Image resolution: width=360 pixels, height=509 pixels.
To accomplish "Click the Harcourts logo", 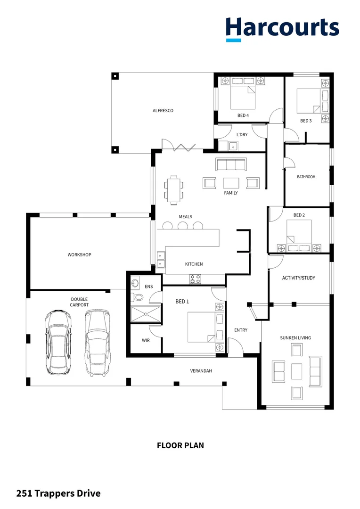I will pos(282,28).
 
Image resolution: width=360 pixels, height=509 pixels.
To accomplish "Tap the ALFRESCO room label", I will pos(163,111).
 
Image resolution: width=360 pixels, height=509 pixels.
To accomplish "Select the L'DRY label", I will pos(242,135).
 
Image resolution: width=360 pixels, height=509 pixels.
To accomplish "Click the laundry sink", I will pos(233,147).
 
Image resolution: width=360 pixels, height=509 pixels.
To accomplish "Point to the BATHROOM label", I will pos(306,177).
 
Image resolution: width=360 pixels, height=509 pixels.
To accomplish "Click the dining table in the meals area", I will pos(175,189).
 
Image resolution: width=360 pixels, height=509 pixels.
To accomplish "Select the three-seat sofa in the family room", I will pos(231,164).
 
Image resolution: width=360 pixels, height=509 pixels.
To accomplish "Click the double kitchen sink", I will pos(161,260).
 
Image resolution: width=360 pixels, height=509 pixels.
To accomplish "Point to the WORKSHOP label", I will pos(79,254).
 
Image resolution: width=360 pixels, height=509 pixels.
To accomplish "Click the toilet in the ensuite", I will pos(137,298).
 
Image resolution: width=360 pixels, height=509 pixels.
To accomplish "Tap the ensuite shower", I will pos(145,313).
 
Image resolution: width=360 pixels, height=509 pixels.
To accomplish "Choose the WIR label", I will pos(146,340).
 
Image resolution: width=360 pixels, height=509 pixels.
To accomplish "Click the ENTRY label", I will pos(241,330).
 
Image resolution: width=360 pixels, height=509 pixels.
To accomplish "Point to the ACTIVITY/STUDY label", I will pos(298,278).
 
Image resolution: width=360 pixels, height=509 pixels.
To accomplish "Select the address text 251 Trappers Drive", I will pos(58,493).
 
